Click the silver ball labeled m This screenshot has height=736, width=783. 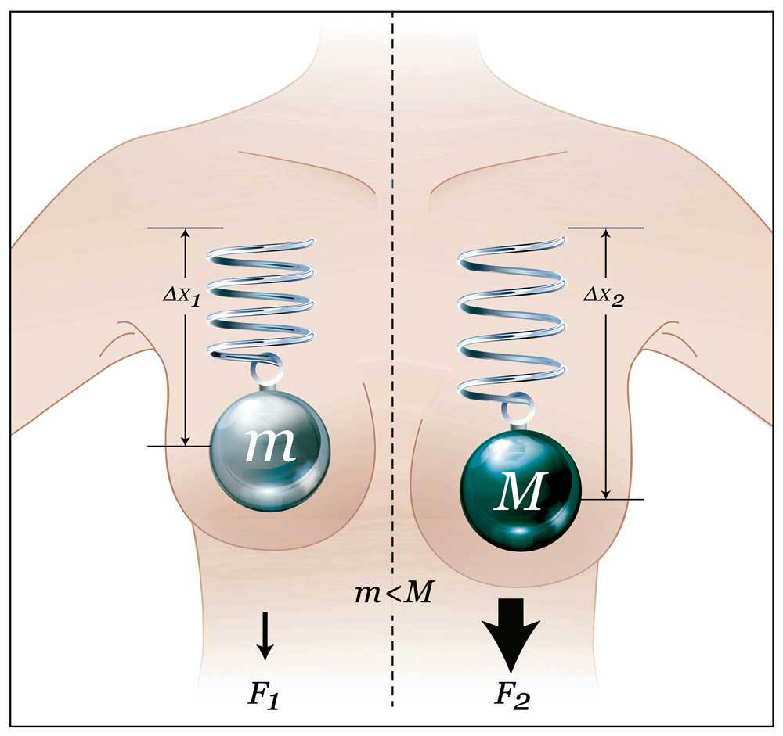click(270, 449)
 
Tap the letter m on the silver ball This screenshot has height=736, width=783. click(270, 446)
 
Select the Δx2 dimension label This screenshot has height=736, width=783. click(604, 296)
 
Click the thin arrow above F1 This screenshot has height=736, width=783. click(265, 634)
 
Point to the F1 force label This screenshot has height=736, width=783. click(264, 695)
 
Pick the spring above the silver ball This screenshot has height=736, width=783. click(262, 297)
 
